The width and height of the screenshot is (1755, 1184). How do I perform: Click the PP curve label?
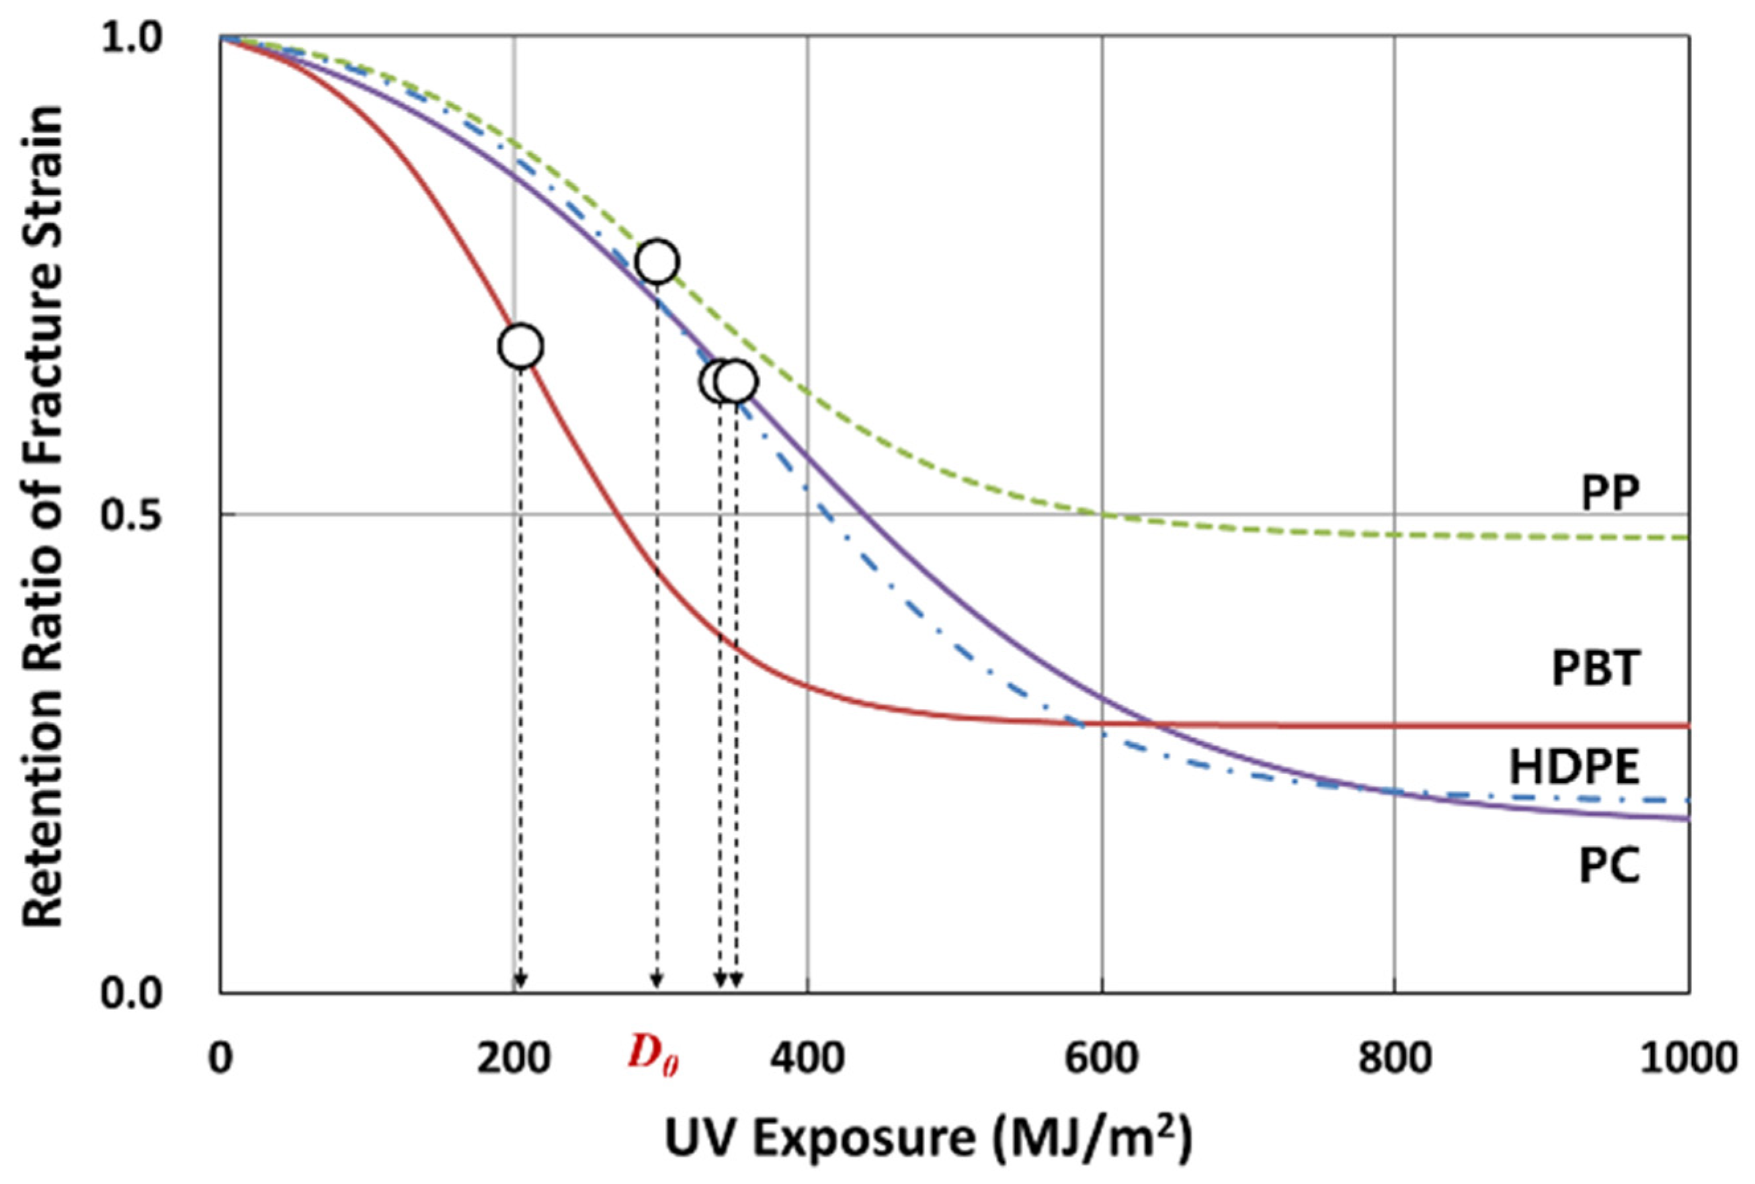[x=1611, y=495]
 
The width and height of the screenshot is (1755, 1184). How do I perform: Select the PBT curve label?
[x=1596, y=669]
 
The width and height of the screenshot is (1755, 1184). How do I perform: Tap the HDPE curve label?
[x=1574, y=768]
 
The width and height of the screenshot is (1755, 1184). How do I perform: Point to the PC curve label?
[x=1610, y=866]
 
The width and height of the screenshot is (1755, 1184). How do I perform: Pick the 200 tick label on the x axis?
[x=513, y=1058]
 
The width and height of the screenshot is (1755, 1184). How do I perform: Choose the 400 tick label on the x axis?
[x=807, y=1058]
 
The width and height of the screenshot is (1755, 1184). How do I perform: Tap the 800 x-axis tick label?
[x=1395, y=1058]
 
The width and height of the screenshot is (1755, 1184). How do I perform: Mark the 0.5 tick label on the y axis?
[x=133, y=516]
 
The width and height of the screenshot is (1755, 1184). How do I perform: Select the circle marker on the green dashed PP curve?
[x=657, y=261]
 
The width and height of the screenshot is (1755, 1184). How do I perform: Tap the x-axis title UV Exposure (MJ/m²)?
[x=928, y=1138]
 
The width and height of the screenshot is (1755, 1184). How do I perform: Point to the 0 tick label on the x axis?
[x=220, y=1058]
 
